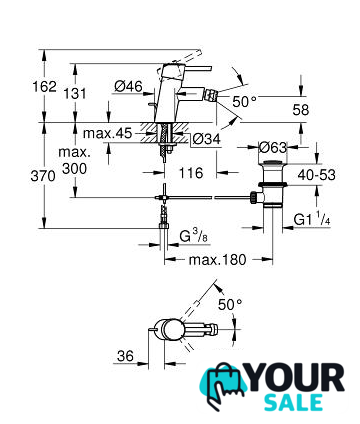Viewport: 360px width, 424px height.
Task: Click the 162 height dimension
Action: point(44,87)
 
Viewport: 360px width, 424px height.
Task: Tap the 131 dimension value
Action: point(75,94)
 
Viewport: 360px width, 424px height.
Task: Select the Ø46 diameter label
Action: point(128,87)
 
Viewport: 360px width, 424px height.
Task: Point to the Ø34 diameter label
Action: point(207,139)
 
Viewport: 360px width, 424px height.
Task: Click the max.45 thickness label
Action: point(107,133)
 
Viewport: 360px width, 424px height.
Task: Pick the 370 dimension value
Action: point(43,176)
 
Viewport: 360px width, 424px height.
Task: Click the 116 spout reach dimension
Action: point(191,173)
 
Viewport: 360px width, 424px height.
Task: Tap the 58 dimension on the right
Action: point(301,110)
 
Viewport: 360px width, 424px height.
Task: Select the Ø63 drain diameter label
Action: point(273,147)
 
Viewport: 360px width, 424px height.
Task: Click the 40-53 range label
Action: point(317,175)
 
